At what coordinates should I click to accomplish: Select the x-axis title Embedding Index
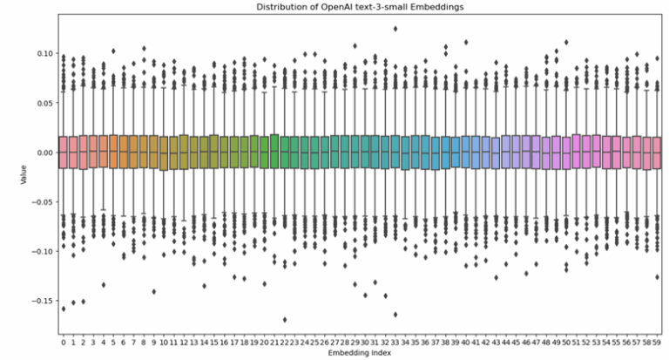click(x=360, y=352)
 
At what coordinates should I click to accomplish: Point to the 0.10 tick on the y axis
click(x=43, y=53)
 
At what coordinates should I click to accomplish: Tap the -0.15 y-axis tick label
click(x=40, y=301)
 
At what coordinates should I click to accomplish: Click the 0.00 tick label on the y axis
click(x=43, y=153)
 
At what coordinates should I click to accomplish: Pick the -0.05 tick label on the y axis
click(x=40, y=202)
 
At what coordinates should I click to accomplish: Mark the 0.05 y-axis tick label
click(x=43, y=103)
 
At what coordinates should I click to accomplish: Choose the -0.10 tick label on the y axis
click(x=40, y=251)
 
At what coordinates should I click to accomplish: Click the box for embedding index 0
click(x=64, y=152)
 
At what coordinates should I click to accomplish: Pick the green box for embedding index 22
click(x=285, y=152)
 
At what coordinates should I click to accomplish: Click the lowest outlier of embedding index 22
click(x=285, y=319)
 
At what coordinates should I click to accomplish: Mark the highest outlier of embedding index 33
click(x=395, y=28)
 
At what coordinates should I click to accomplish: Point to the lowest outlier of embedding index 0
click(x=64, y=308)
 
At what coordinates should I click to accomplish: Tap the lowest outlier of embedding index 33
click(x=395, y=314)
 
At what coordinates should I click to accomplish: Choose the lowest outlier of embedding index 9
click(x=154, y=291)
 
